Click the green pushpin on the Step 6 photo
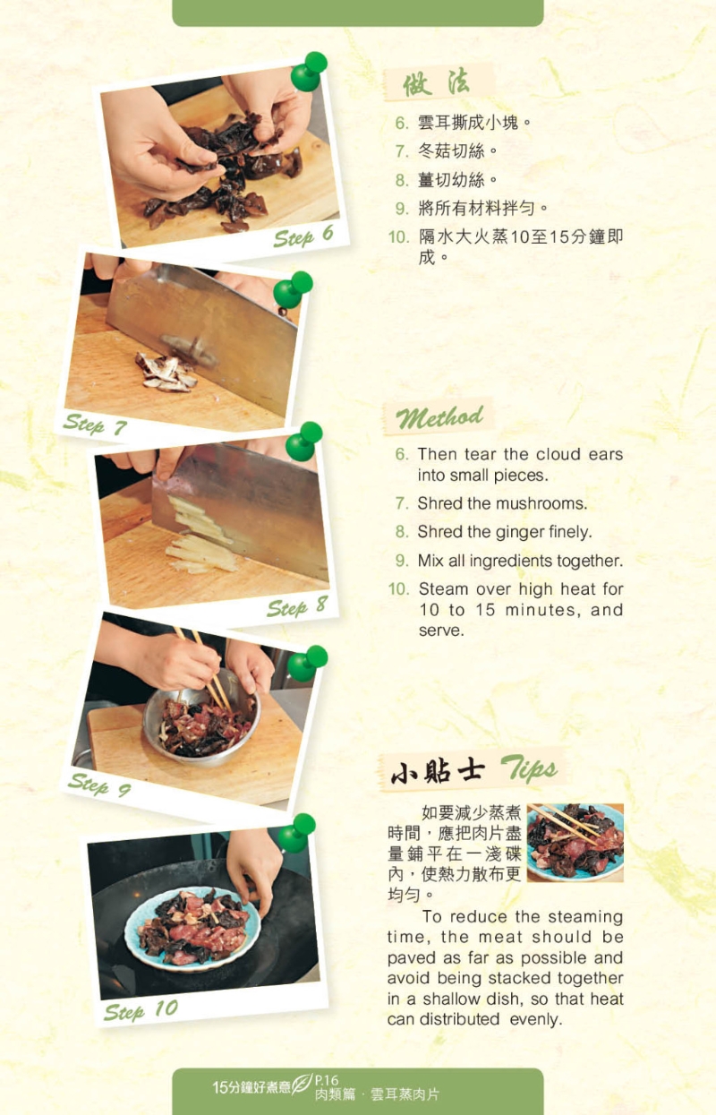[309, 72]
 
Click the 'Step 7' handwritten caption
[95, 425]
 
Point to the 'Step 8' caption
[297, 607]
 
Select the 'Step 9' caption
[99, 785]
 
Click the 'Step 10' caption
[141, 1010]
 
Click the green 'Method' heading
[439, 417]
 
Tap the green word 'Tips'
[528, 768]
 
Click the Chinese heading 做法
[436, 82]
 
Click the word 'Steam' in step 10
[443, 589]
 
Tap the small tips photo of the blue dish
[575, 842]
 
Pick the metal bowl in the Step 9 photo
[201, 716]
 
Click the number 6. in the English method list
[402, 454]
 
